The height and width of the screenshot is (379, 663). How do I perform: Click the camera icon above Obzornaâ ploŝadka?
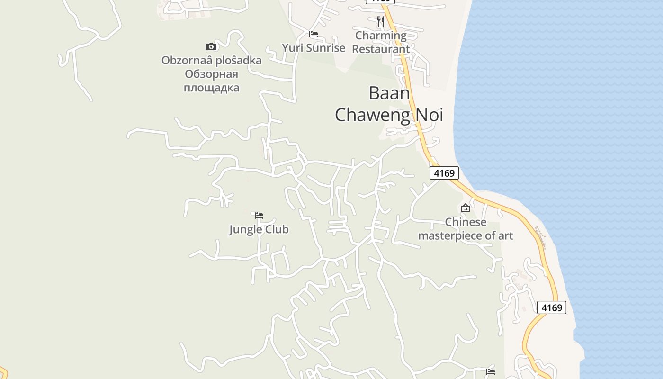(x=211, y=46)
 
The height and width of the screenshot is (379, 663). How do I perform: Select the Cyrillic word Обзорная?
(x=211, y=74)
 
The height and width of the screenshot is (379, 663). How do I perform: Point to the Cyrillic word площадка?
(x=211, y=88)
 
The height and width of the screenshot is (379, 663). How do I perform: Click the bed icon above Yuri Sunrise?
(x=314, y=34)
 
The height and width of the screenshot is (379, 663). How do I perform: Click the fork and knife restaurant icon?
(x=380, y=21)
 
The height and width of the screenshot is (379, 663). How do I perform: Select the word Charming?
(x=381, y=35)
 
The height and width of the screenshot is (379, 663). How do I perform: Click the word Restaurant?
(x=381, y=49)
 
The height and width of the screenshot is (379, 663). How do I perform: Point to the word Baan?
(x=389, y=93)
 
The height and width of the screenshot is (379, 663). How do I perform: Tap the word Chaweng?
(x=372, y=115)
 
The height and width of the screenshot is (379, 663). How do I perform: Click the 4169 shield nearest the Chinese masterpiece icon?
(x=444, y=173)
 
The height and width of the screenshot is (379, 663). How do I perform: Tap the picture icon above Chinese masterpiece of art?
(x=466, y=208)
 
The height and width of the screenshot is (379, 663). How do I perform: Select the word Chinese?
(x=466, y=222)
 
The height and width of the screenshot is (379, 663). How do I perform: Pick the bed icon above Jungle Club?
(x=259, y=215)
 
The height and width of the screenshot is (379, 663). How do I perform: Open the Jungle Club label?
(x=259, y=230)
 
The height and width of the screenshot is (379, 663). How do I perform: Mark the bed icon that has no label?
(x=491, y=372)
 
